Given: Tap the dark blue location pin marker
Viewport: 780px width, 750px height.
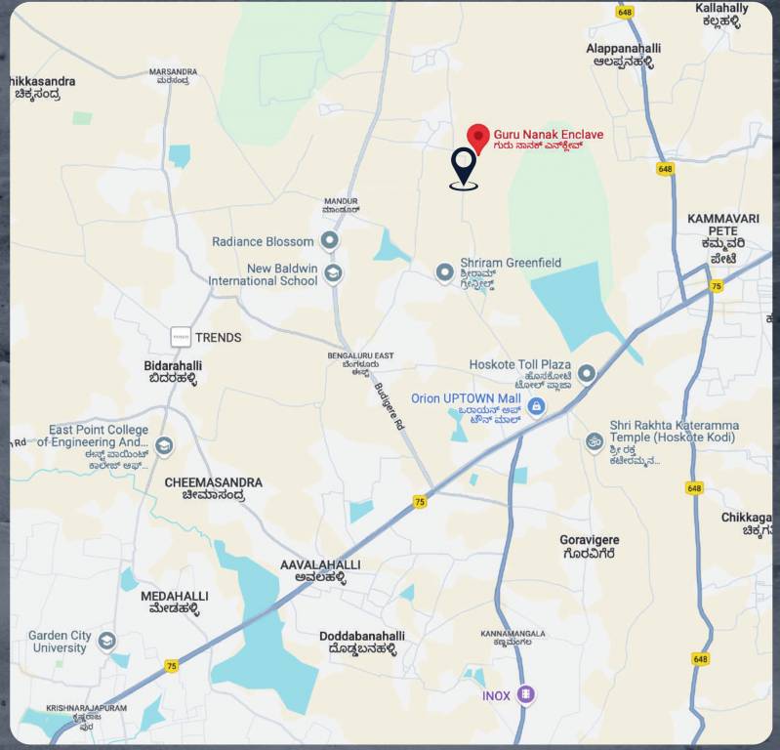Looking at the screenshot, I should click(x=464, y=167).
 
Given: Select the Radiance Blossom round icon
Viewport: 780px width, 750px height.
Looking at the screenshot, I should click(x=330, y=240).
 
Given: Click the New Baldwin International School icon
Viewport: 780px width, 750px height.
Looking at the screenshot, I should click(x=334, y=272).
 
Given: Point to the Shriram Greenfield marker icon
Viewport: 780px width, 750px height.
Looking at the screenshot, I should click(x=445, y=271).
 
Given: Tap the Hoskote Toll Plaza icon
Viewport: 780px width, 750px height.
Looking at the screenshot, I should click(x=587, y=373).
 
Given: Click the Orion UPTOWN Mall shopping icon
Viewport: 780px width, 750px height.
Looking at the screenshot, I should click(x=537, y=397).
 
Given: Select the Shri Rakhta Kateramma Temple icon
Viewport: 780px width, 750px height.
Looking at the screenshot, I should click(x=594, y=441).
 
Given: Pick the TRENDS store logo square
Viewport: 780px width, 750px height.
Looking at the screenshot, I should click(x=180, y=337).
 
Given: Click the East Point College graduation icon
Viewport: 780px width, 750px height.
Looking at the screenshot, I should click(x=164, y=446).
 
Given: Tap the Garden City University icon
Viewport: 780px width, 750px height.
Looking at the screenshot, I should click(x=107, y=642).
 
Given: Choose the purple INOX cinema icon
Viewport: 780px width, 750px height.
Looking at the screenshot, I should click(x=526, y=694).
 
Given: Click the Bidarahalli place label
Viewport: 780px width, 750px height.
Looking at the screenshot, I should click(x=173, y=371).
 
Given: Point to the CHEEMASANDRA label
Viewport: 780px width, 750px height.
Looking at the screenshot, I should click(x=213, y=488).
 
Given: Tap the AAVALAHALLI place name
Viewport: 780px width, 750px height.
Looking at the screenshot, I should click(x=320, y=570).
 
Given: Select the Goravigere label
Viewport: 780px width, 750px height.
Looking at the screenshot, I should click(x=589, y=546).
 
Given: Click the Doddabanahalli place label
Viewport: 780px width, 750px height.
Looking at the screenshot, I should click(x=361, y=642).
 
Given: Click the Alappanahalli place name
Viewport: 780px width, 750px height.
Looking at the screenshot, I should click(x=623, y=54).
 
